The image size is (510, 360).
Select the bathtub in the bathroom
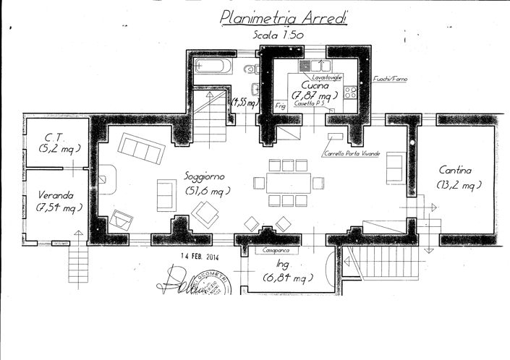[213, 68]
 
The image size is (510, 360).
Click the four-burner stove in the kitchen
[351, 92]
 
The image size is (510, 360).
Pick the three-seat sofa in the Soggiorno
[140, 147]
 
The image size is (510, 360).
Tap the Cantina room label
[456, 171]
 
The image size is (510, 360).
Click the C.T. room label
[51, 135]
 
